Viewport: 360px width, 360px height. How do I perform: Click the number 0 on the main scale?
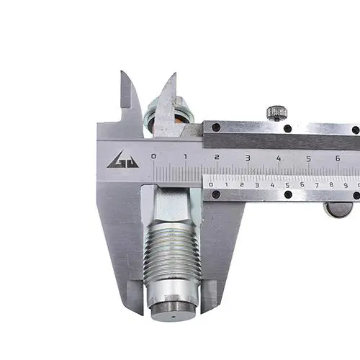(x=153, y=156)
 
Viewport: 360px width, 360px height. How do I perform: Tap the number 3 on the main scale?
(x=248, y=158)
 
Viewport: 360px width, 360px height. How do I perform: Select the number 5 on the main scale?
(x=309, y=159)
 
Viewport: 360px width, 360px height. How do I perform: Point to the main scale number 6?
(x=338, y=158)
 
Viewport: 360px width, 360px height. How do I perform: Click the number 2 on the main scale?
(x=217, y=157)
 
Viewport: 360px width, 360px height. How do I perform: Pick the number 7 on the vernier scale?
(x=317, y=185)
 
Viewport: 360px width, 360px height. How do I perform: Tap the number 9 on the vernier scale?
(x=346, y=185)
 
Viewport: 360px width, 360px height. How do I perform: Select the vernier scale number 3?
(x=257, y=185)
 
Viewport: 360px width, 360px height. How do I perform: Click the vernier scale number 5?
(x=287, y=185)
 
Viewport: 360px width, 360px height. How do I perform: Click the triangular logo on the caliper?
(x=122, y=160)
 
